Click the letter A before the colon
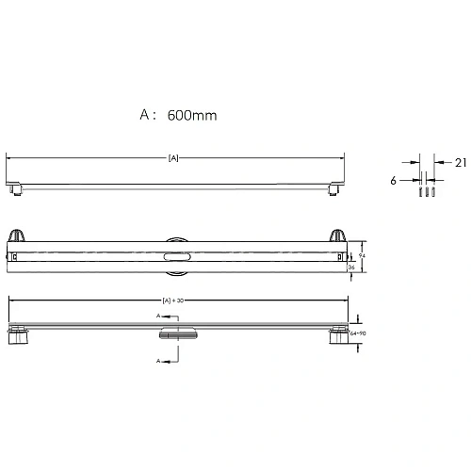pos(146,115)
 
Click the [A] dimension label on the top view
pos(172,158)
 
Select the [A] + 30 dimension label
pos(173,300)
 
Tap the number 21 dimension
pos(460,163)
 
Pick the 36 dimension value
pos(351,267)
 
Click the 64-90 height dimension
pos(356,333)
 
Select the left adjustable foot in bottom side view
pos(17,337)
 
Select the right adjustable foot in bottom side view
pos(337,337)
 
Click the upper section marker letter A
pos(157,316)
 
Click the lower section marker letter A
pos(157,360)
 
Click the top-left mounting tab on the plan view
pos(17,235)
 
